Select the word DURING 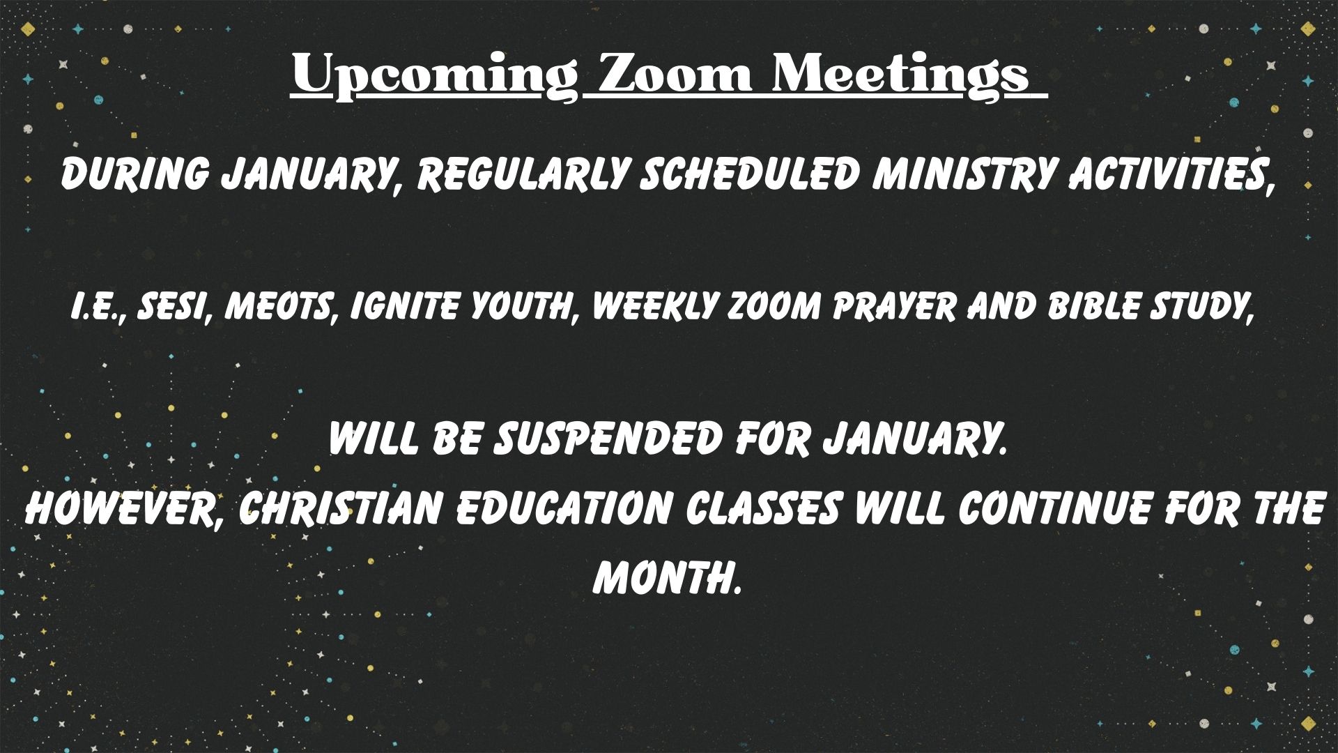pos(134,174)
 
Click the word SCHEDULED pos(749,174)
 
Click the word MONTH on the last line pos(666,578)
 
